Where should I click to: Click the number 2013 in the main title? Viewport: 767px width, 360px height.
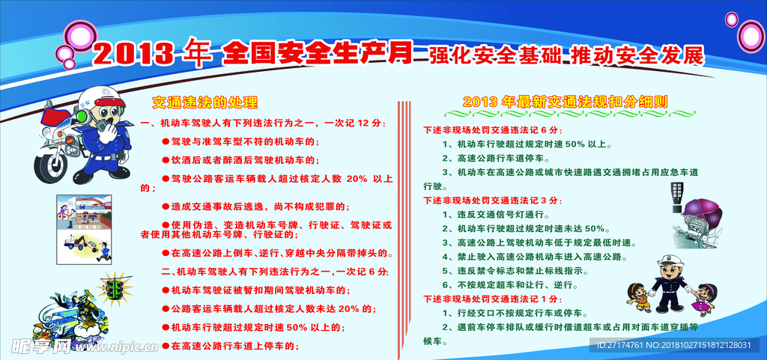coord(133,55)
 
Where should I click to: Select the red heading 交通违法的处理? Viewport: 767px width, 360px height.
coord(204,103)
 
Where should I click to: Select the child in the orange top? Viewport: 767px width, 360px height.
coord(637,297)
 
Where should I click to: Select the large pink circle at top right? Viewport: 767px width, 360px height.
coord(751,35)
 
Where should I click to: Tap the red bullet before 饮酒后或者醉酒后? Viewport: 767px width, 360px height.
coord(166,160)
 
